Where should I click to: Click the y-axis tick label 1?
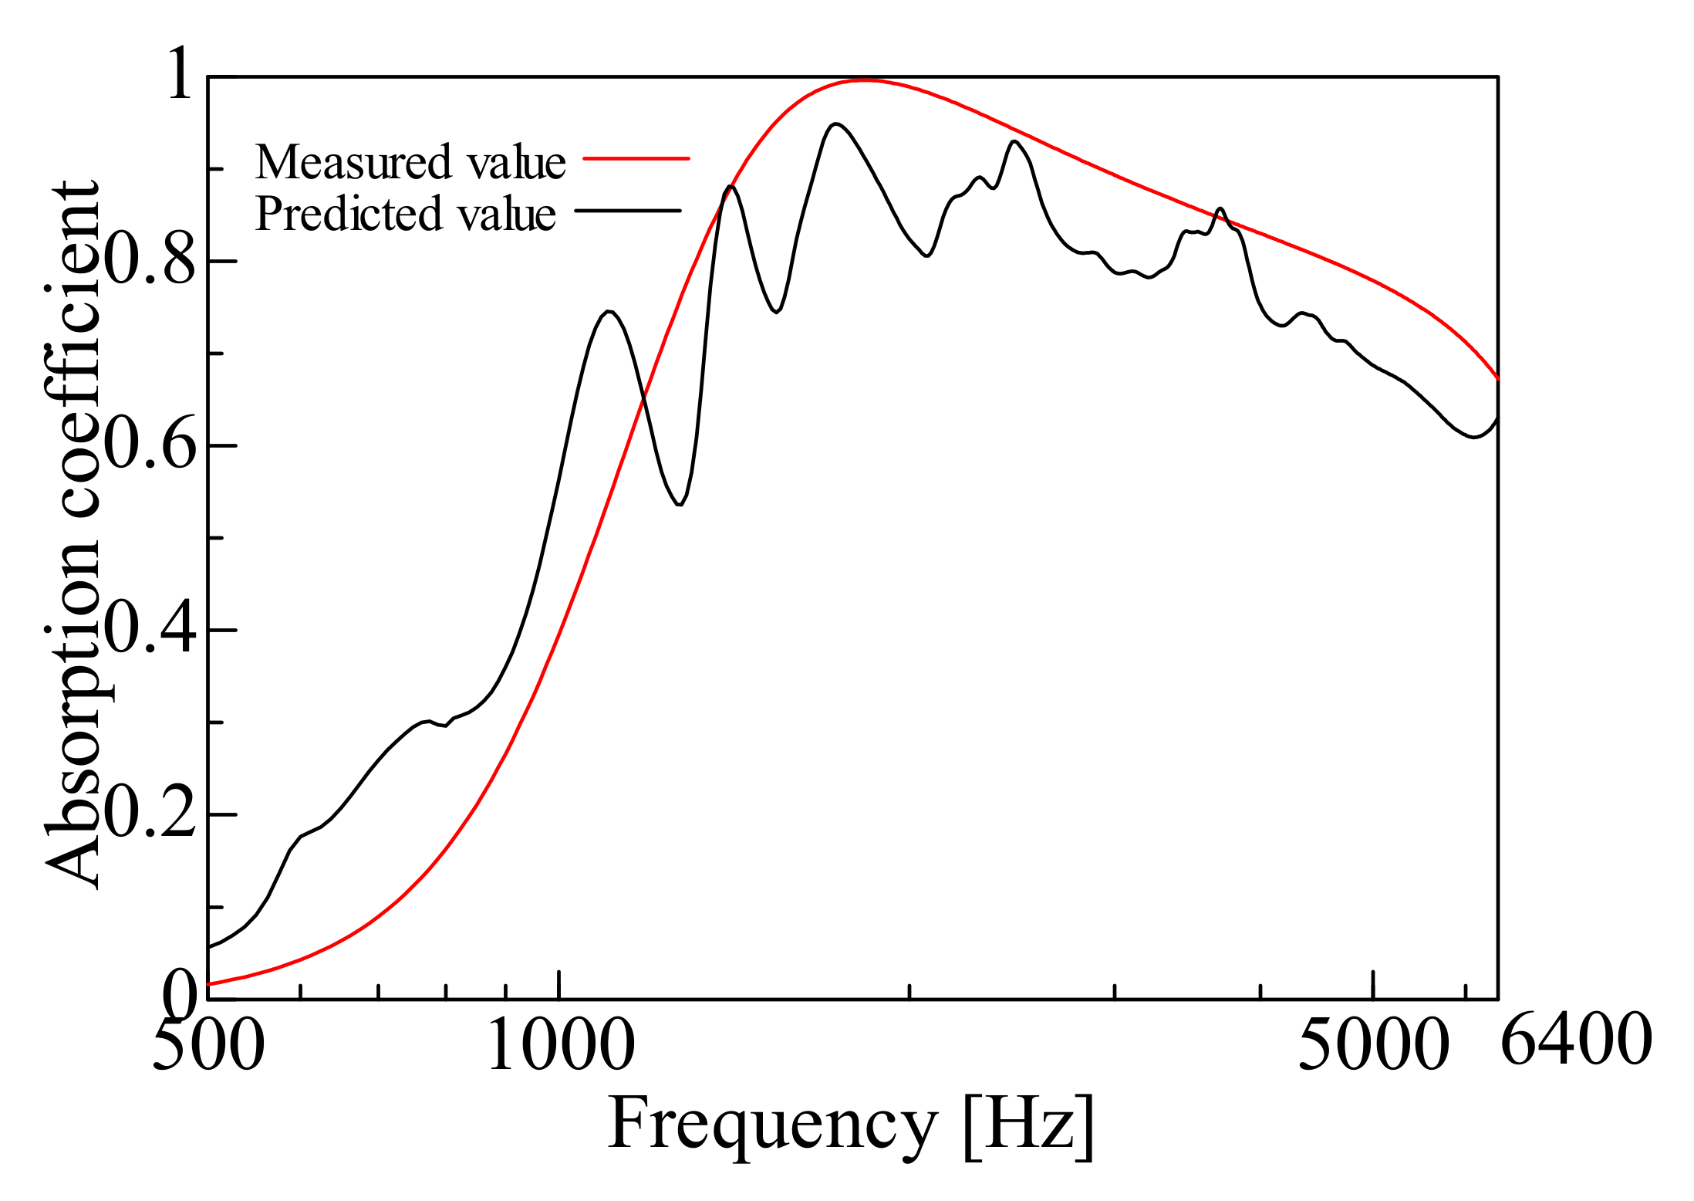[x=179, y=74]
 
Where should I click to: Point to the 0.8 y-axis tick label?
[x=149, y=260]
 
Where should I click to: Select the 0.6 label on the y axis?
[x=149, y=445]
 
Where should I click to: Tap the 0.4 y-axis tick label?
[x=149, y=629]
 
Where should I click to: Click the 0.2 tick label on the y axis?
[x=149, y=814]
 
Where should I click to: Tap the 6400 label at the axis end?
[x=1575, y=1040]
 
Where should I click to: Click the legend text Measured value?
[x=410, y=162]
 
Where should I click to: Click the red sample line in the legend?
[x=636, y=158]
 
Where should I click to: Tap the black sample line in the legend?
[x=628, y=210]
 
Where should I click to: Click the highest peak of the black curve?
[x=835, y=123]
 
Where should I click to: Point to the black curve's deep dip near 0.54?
[x=679, y=504]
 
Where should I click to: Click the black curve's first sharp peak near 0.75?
[x=609, y=311]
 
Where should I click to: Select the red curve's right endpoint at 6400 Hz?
[x=1497, y=378]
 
